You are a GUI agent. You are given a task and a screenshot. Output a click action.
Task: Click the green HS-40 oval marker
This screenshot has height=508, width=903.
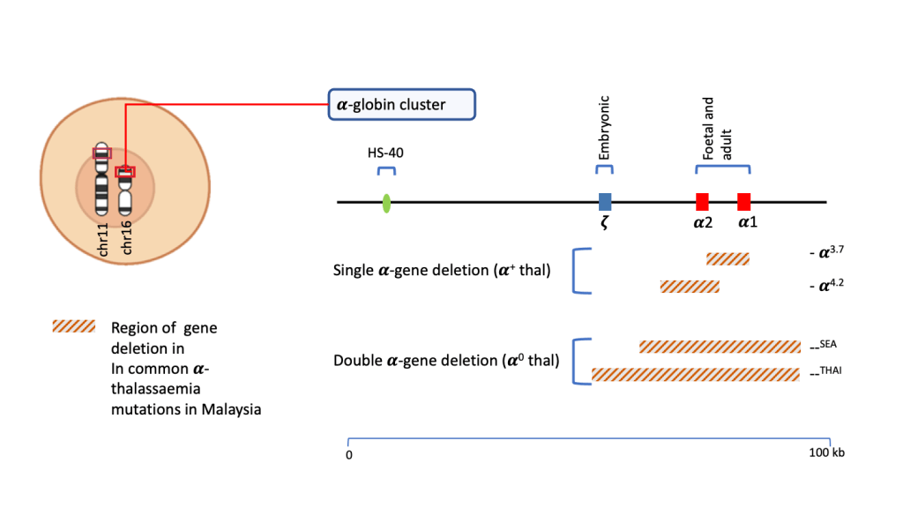(x=386, y=204)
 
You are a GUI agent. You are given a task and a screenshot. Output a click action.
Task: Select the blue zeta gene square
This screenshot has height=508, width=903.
(x=605, y=201)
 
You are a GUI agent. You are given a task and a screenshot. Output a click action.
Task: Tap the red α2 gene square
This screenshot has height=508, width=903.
(x=702, y=201)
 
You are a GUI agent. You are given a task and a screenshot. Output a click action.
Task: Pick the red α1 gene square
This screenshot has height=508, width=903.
(x=744, y=201)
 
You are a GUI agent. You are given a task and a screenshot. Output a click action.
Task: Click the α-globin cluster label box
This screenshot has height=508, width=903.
(x=401, y=105)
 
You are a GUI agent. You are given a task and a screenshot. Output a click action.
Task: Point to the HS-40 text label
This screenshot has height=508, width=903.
(x=384, y=153)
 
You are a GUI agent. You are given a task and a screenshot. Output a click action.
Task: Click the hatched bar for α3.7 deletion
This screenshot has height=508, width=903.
(x=728, y=258)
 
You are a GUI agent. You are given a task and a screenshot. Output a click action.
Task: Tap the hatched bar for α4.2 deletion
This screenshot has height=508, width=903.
(x=690, y=286)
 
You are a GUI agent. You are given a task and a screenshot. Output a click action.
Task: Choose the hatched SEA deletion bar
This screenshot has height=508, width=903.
(x=720, y=346)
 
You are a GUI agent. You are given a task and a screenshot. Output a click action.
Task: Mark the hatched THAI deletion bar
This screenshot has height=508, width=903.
(x=696, y=374)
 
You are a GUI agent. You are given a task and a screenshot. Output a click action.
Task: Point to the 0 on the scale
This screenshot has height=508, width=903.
(x=349, y=455)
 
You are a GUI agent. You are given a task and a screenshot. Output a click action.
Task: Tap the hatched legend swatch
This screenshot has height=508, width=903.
(x=73, y=326)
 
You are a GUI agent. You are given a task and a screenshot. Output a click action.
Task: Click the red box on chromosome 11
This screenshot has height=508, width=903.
(x=102, y=153)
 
